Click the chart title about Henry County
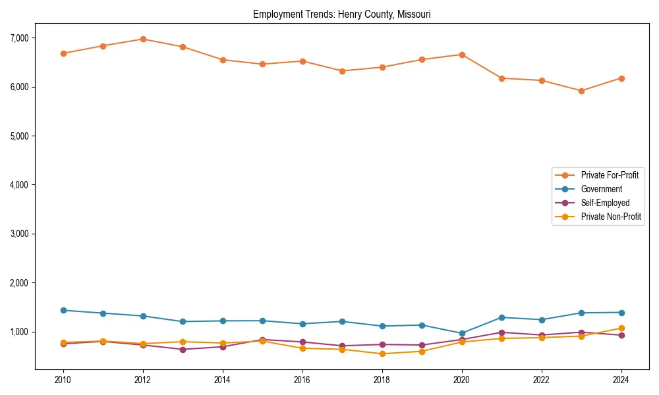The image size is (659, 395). click(341, 14)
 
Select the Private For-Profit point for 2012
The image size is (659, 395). click(143, 39)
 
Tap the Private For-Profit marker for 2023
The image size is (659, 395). click(581, 91)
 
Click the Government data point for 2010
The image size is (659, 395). click(63, 310)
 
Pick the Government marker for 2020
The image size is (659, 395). click(462, 333)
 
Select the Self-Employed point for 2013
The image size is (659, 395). click(183, 350)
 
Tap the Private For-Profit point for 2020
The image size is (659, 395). click(462, 55)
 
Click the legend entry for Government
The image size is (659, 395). click(601, 189)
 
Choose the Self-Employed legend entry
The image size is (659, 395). click(605, 203)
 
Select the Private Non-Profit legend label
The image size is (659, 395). click(611, 217)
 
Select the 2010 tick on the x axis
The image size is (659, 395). click(63, 380)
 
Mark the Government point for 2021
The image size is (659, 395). click(501, 317)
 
